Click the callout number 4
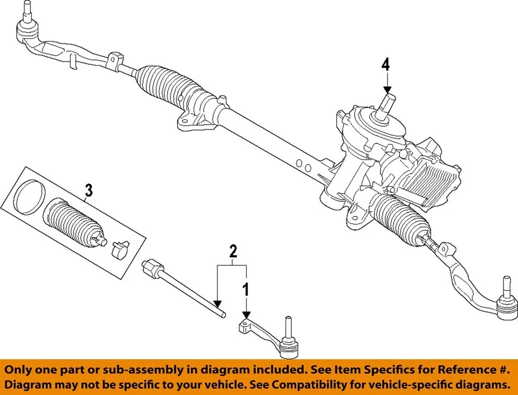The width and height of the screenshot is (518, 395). click(x=385, y=65)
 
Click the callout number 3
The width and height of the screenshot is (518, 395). click(x=88, y=190)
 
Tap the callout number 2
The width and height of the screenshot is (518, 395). click(x=233, y=251)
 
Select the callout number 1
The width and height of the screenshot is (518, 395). click(x=246, y=290)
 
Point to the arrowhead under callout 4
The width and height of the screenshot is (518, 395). click(x=387, y=90)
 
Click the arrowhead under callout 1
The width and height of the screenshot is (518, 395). click(x=246, y=315)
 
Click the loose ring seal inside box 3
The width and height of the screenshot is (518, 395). click(x=30, y=197)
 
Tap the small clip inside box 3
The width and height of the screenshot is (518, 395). click(x=120, y=249)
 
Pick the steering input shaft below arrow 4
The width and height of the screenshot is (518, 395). click(x=388, y=106)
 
